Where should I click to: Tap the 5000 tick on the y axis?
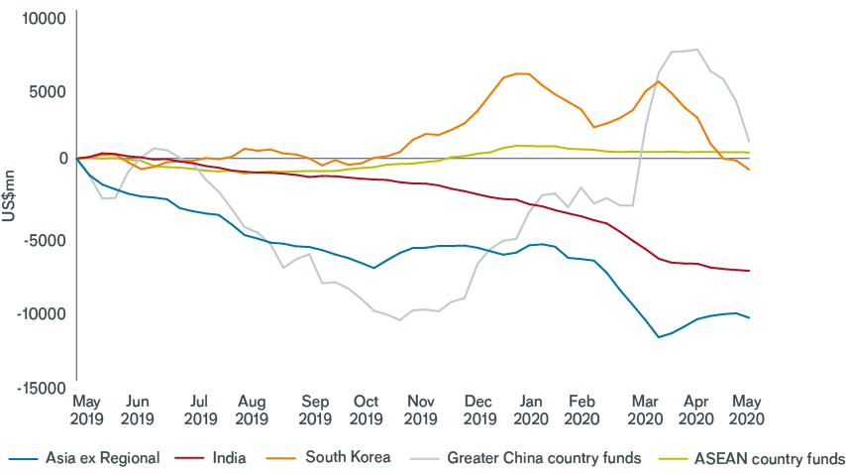[46, 91]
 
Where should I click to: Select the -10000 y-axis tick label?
[39, 313]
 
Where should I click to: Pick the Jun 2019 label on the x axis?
[138, 410]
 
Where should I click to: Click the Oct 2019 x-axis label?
[367, 410]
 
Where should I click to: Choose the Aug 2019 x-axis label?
[252, 410]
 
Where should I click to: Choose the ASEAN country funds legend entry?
[772, 458]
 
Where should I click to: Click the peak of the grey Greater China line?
[697, 50]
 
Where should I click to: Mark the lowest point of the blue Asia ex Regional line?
[658, 337]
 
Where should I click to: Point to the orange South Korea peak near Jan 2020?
[522, 73]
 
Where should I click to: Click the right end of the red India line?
[750, 271]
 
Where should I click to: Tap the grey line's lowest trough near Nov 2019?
[399, 320]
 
